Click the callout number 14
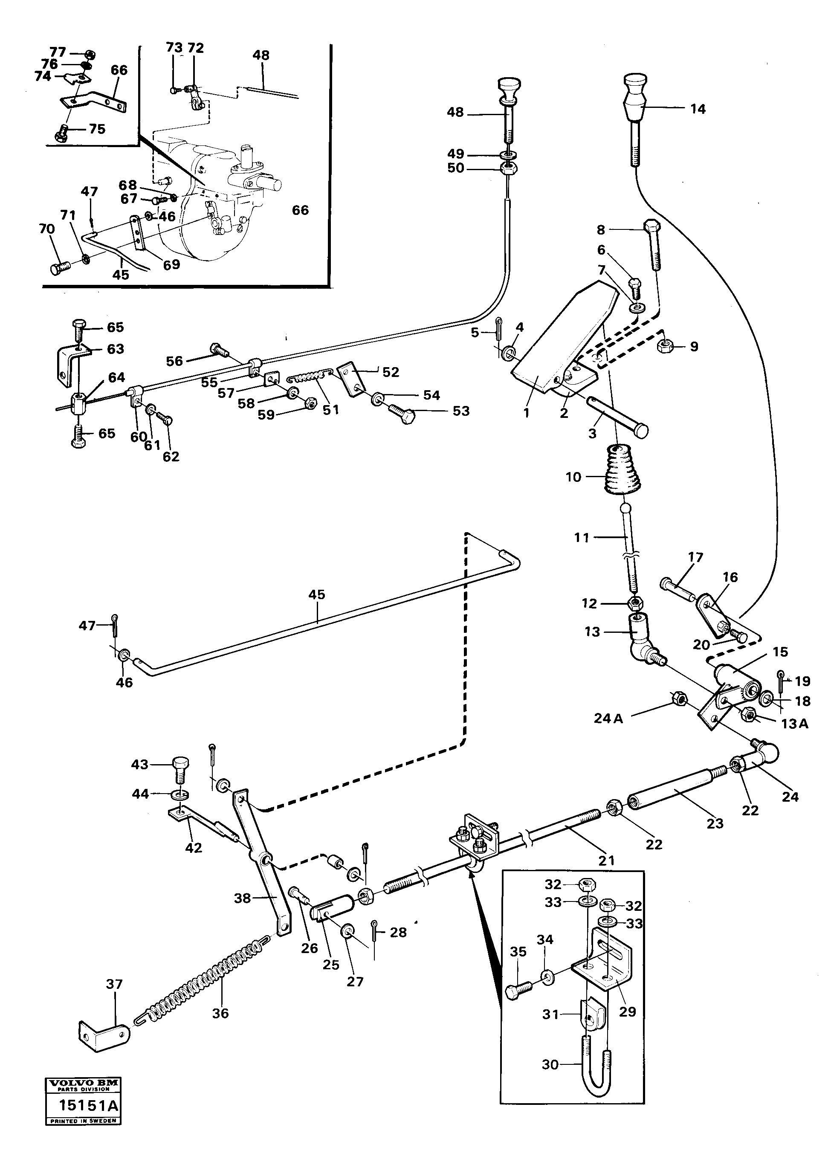point(698,109)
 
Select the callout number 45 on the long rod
point(317,594)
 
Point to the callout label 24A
point(608,719)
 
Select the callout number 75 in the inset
point(97,129)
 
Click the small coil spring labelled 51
point(306,380)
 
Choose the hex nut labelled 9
point(665,346)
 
